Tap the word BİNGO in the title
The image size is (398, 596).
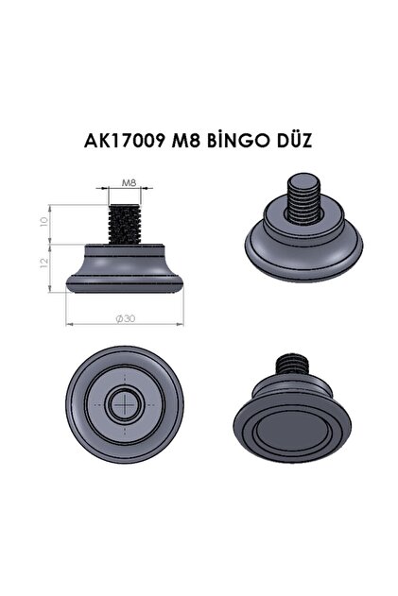coord(241,141)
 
